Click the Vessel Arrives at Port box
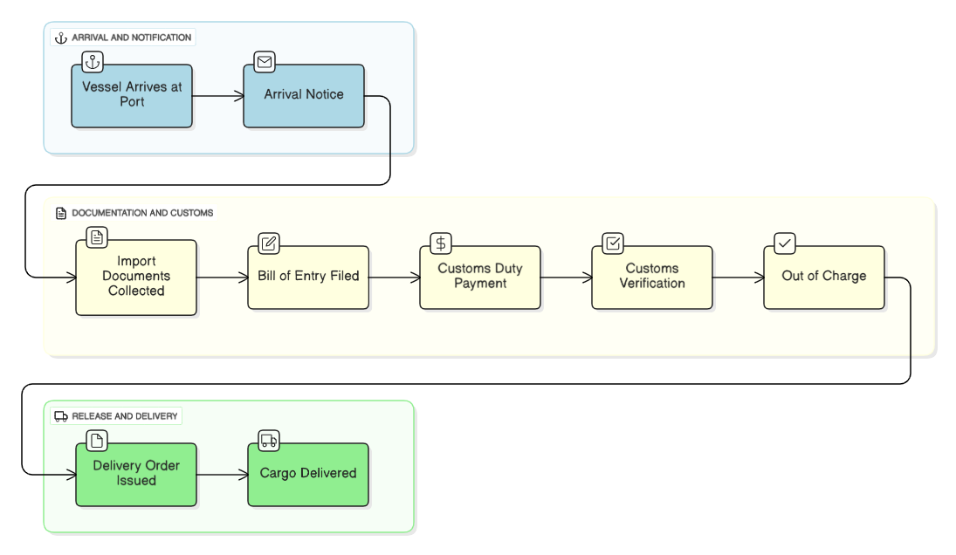click(x=132, y=96)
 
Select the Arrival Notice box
click(x=304, y=96)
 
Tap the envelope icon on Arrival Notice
click(x=265, y=62)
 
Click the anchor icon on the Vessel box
click(x=93, y=62)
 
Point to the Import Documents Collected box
click(x=136, y=277)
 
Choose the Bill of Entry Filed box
click(x=308, y=277)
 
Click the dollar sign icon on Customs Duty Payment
click(x=441, y=243)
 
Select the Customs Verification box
click(x=652, y=277)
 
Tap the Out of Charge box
click(x=824, y=277)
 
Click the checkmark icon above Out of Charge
click(x=785, y=243)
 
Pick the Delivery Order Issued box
click(x=136, y=475)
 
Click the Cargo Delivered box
click(x=308, y=475)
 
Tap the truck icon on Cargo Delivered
click(x=269, y=441)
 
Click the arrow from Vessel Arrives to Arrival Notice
click(x=217, y=96)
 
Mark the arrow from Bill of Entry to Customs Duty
click(x=394, y=277)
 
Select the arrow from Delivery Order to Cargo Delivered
click(x=222, y=475)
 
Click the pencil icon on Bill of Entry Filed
click(x=269, y=243)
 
